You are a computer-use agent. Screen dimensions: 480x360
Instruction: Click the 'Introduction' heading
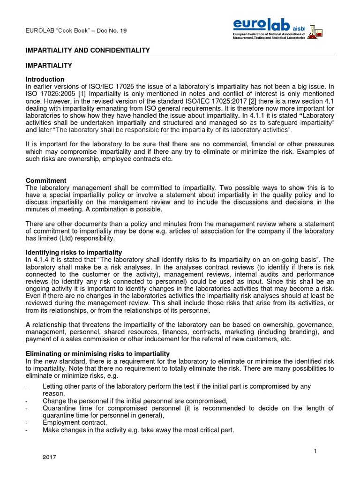[x=45, y=79]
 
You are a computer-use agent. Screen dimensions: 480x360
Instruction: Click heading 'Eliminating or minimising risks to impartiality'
[x=97, y=353]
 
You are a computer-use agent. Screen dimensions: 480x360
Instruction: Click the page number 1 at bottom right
[x=315, y=451]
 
